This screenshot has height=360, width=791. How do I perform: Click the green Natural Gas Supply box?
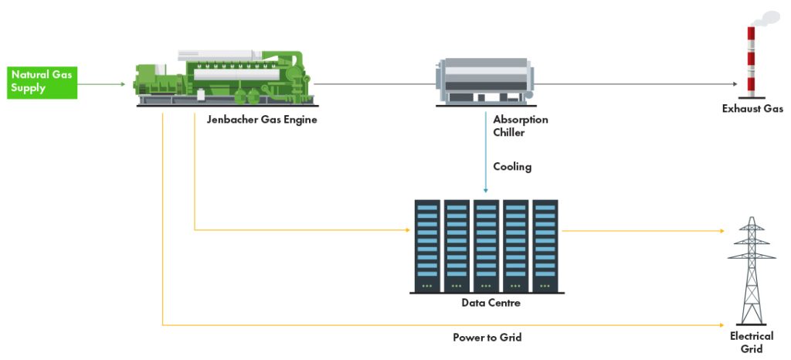click(x=43, y=83)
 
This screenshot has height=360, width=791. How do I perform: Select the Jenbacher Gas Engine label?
click(x=262, y=120)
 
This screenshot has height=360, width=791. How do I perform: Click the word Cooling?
click(x=512, y=166)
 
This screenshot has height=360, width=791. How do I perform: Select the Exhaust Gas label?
click(x=752, y=109)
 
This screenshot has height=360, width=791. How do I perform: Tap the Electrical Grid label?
click(x=752, y=341)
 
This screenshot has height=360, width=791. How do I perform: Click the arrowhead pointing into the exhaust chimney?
click(x=734, y=83)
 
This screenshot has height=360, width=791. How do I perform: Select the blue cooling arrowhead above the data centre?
click(x=486, y=190)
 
